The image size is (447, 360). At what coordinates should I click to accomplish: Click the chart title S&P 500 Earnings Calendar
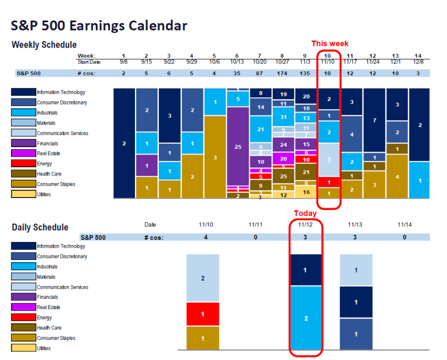point(99,26)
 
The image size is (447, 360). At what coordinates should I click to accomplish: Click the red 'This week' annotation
point(330,44)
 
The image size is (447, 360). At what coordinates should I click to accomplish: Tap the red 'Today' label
point(305,213)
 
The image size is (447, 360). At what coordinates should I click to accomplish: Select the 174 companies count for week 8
point(282,73)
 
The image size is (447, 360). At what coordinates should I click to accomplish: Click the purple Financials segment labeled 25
point(238,147)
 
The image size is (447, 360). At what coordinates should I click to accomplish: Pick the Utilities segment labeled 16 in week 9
point(306,192)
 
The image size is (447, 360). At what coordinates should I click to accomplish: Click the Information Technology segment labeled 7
point(374,120)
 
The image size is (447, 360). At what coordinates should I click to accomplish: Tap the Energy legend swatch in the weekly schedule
point(23,164)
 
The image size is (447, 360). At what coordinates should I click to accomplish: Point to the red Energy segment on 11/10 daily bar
point(203,314)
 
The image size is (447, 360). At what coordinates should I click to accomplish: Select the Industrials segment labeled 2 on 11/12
point(306,318)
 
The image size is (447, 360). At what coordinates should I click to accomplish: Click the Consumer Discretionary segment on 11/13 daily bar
point(356,334)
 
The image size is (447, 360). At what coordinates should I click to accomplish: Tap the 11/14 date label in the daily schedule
point(405,225)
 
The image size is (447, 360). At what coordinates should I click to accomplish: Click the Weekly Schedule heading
point(44,45)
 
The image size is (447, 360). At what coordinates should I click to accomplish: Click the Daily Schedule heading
point(40,227)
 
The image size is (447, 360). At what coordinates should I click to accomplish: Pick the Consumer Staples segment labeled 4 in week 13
point(396,177)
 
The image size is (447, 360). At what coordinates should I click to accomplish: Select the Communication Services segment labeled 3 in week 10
point(330,159)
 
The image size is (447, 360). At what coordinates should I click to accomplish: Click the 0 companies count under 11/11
point(255,237)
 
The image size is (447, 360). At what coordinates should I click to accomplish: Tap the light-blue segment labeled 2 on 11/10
point(203,278)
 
